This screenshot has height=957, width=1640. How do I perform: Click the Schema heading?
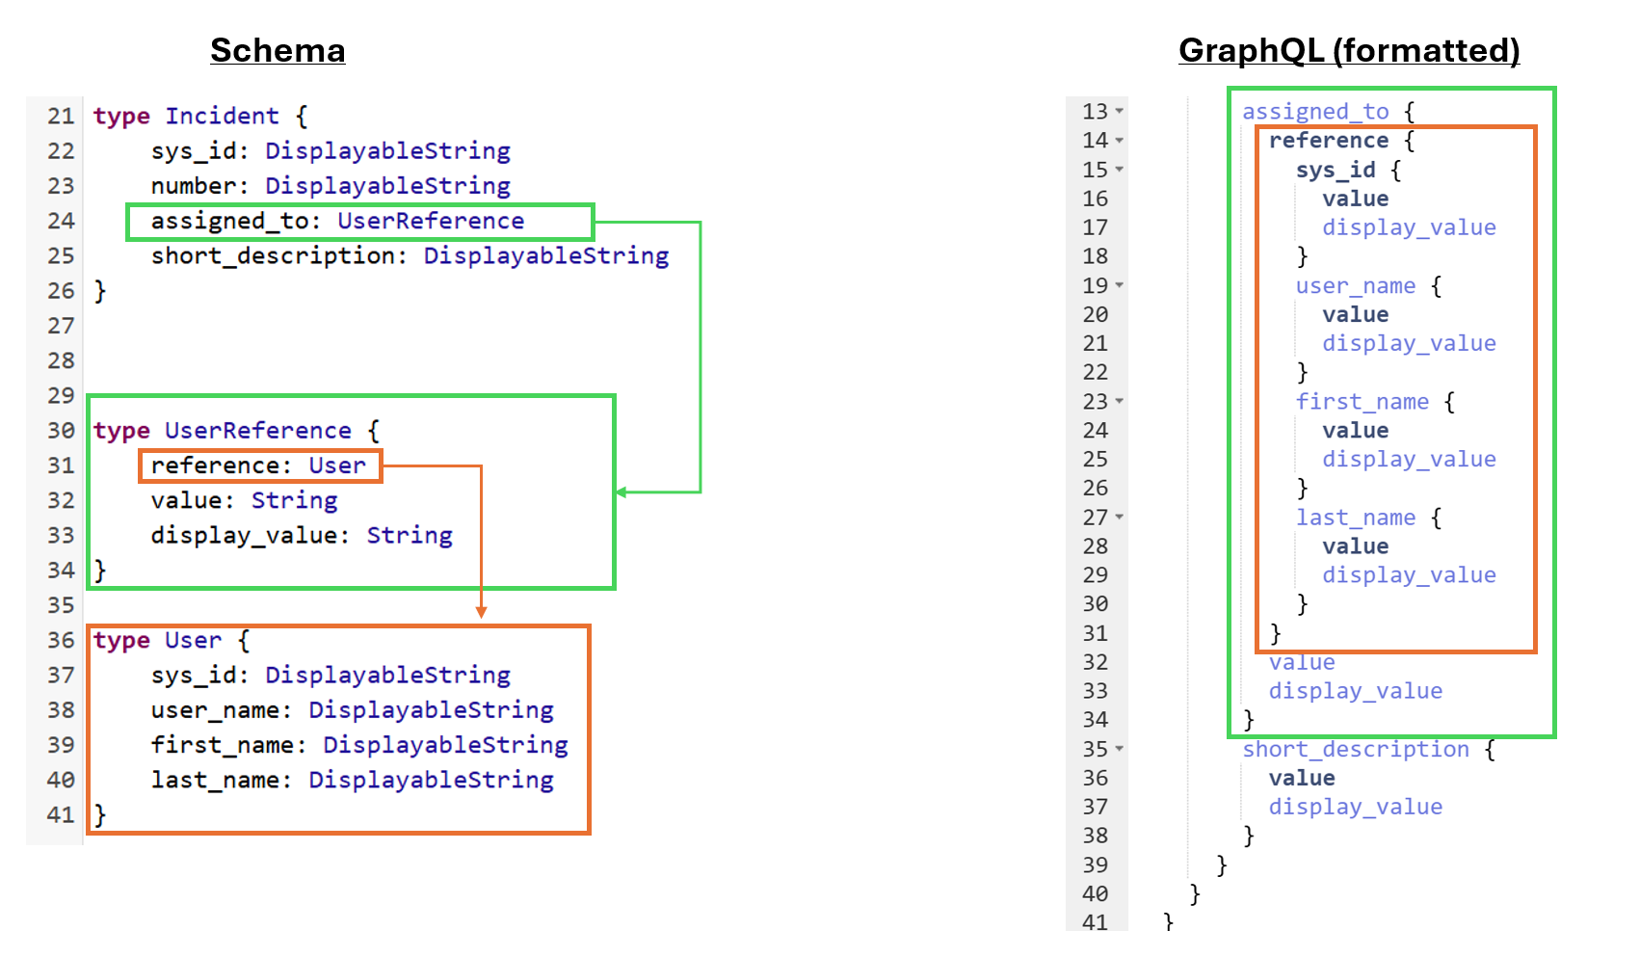278,50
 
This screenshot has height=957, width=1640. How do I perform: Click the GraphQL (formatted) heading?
1349,50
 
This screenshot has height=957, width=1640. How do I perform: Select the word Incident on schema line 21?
222,117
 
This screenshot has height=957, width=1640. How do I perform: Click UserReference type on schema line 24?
431,222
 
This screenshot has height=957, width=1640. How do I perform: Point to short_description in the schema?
273,256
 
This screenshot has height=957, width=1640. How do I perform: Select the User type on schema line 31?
337,465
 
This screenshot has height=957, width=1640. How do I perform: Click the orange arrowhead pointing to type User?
481,611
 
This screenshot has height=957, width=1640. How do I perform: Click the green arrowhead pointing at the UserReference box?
622,492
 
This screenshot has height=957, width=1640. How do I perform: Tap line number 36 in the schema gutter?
61,641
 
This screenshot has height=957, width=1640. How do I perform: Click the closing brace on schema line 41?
99,815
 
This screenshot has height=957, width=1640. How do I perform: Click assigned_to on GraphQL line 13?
1315,112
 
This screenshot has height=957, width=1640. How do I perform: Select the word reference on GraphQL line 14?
1329,141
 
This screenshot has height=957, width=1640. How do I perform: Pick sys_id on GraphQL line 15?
1336,171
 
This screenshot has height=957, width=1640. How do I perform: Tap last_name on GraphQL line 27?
1356,518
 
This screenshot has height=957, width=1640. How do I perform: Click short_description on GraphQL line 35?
1356,750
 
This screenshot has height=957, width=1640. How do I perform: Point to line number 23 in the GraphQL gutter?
1096,402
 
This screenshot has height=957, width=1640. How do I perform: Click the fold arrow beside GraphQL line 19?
1120,286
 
